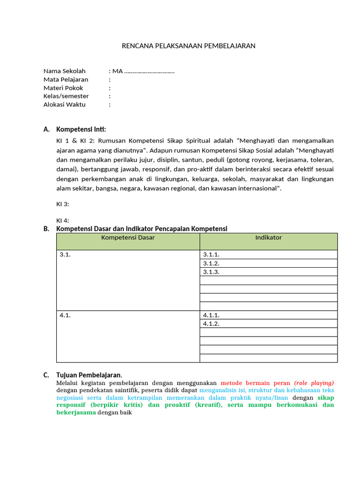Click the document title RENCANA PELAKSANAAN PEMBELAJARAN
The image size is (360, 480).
point(188,45)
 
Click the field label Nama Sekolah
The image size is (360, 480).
point(65,71)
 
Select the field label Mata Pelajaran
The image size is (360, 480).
point(66,80)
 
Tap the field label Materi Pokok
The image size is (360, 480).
point(63,88)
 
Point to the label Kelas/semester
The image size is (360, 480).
point(66,96)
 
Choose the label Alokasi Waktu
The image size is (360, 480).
point(65,105)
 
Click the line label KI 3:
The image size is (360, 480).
point(63,204)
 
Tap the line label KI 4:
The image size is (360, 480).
point(63,220)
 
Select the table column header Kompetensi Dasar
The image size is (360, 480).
point(128,238)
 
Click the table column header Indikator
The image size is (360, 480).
point(269,238)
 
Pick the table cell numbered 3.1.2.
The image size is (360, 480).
point(211,263)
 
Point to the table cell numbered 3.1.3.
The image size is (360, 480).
point(211,272)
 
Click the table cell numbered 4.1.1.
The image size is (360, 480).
point(211,315)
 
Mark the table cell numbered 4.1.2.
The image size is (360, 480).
point(211,323)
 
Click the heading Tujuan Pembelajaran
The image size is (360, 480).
point(89,375)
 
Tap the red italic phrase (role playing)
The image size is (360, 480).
point(314,382)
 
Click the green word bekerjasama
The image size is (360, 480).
point(76,412)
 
